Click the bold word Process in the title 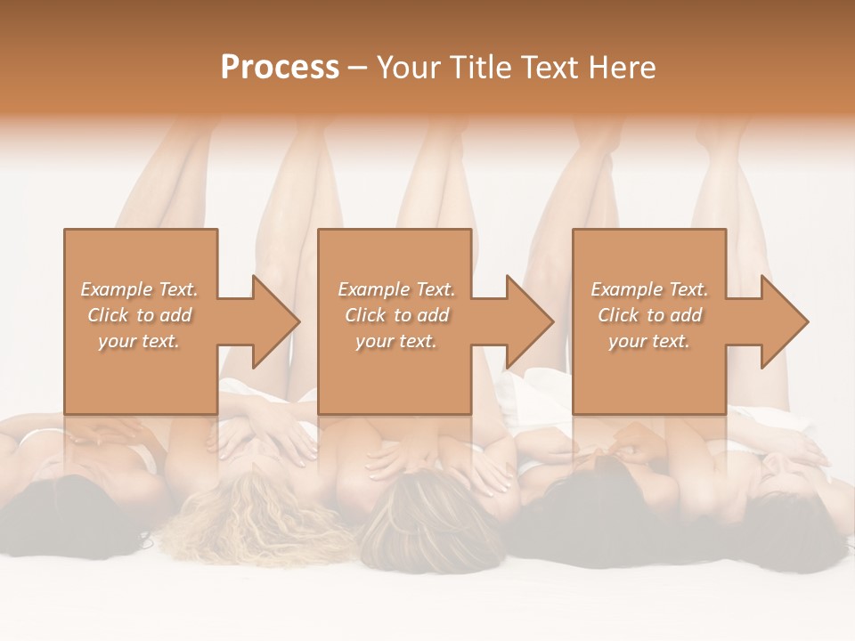pos(280,68)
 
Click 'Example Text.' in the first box pos(140,289)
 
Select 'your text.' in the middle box pos(396,341)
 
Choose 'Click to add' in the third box pos(650,315)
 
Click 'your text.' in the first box pos(139,341)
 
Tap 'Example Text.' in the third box pos(650,289)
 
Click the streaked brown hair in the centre pos(427,525)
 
